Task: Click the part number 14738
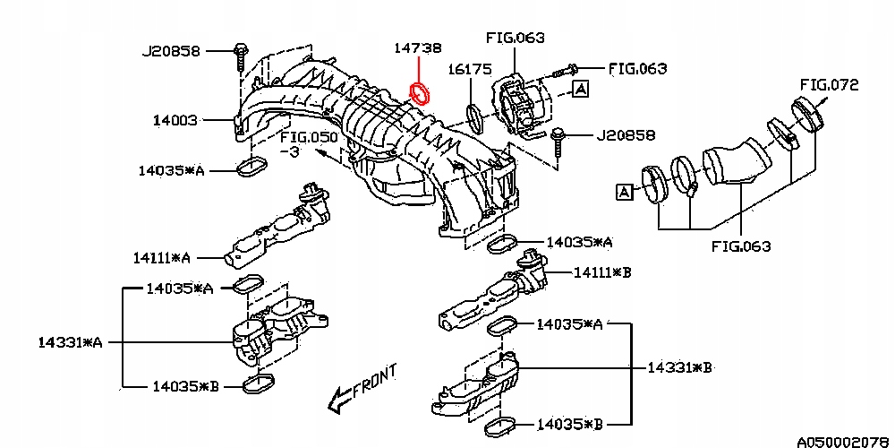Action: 418,48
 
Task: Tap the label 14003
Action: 175,121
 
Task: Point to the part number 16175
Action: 469,70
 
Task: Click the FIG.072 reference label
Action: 829,85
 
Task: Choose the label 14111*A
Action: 161,258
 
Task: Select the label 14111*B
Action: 602,272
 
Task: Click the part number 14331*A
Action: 71,343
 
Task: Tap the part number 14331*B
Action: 679,367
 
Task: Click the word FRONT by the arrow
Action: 375,382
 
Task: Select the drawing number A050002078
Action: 846,441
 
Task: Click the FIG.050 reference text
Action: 310,139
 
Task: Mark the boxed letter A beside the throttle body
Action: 581,88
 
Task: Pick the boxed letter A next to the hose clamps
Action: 624,192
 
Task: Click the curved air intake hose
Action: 734,161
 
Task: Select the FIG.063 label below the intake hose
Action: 741,246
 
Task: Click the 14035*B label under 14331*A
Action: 186,387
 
